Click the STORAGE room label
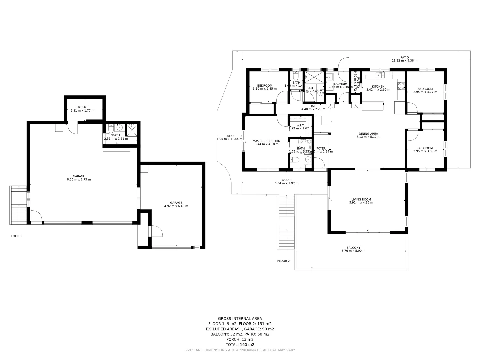coord(82,107)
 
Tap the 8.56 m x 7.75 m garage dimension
coord(79,180)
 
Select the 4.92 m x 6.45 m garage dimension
coord(176,206)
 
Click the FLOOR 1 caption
coord(16,236)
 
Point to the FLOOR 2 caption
coord(283,261)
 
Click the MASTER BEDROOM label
coord(266,141)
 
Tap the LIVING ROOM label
coord(361,199)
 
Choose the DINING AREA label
coord(368,134)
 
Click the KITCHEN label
coord(378,87)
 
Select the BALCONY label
coord(353,248)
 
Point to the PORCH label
coord(286,180)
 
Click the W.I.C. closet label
coord(301,125)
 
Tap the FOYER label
coord(321,149)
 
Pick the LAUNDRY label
coord(341,84)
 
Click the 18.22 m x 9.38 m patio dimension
coord(404,61)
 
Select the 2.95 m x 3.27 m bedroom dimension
coord(425,92)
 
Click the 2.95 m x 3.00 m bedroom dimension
coord(425,151)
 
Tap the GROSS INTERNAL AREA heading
coord(240,319)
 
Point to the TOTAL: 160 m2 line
coord(240,345)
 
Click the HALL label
coord(313,106)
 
